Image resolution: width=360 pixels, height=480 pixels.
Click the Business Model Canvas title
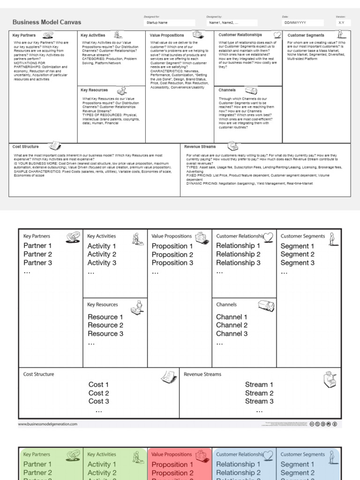[x=46, y=22]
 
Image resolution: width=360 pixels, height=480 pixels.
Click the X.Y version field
[x=340, y=22]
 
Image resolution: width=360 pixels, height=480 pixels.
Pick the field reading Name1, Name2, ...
[x=232, y=22]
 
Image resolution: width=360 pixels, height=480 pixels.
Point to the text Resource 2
[x=105, y=325]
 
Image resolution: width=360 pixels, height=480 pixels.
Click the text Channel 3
[x=232, y=334]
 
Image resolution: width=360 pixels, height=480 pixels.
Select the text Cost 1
[x=98, y=385]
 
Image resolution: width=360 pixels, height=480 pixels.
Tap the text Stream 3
[x=259, y=401]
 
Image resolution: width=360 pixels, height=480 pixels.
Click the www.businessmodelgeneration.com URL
[x=48, y=424]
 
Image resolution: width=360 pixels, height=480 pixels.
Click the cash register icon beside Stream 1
[x=330, y=379]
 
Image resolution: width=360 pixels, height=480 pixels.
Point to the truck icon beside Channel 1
[x=266, y=306]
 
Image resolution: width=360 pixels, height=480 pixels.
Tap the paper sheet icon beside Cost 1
[x=168, y=376]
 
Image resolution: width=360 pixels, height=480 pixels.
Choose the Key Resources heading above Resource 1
[x=103, y=305]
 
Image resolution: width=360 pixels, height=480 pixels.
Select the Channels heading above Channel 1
[x=226, y=305]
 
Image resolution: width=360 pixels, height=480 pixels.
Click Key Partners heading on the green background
[x=37, y=454]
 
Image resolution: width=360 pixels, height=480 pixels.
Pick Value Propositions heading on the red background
[x=172, y=454]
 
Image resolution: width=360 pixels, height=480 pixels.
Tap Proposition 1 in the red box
[x=172, y=465]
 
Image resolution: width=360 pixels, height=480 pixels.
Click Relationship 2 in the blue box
[x=238, y=473]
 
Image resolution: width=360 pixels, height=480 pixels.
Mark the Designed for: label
[x=149, y=17]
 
